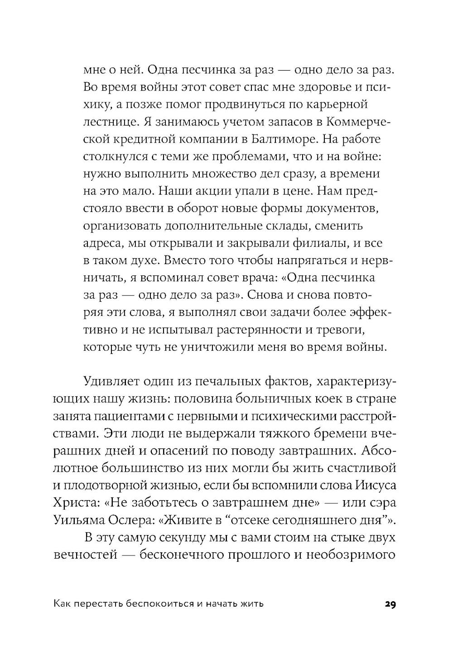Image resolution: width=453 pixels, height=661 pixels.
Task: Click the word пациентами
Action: click(x=123, y=417)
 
